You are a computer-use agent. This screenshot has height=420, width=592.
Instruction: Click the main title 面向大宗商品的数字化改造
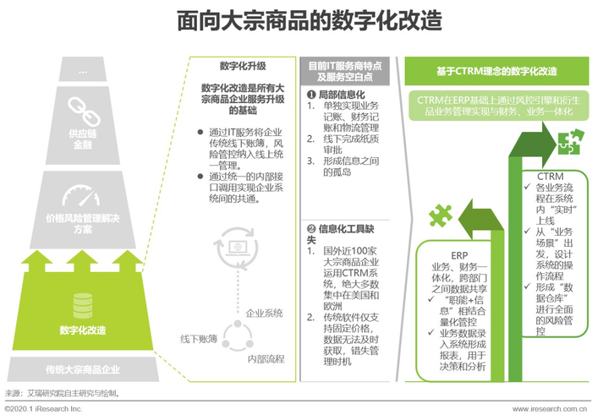coord(296,21)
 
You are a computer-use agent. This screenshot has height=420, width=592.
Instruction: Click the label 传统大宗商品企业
coord(82,370)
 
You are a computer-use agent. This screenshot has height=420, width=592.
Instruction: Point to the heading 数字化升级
coord(242,66)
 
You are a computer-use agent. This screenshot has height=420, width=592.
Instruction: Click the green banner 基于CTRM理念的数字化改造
coord(496,71)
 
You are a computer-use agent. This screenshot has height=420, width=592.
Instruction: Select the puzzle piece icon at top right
coord(566,140)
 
